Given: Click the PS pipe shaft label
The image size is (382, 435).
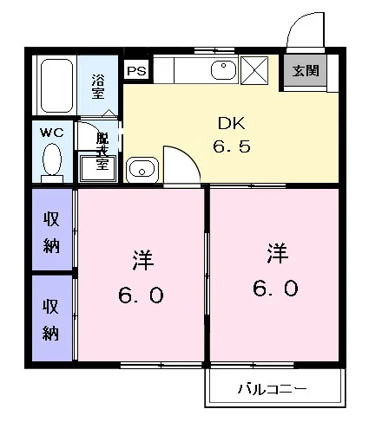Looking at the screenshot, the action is tap(136, 71).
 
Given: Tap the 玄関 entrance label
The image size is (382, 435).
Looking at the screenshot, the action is tap(306, 71).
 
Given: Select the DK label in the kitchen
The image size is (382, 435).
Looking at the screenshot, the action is tap(231, 123).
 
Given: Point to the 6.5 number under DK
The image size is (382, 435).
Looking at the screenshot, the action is tap(232, 146).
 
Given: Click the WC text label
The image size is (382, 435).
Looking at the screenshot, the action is tap(52, 133).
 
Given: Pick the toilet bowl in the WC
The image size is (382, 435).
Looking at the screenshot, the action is tap(52, 159).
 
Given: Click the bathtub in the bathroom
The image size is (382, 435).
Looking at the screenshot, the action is tap(56, 86).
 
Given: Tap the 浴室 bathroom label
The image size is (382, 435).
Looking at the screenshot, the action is tap(98, 87).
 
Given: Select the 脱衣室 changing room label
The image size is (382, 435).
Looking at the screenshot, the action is tap(102, 151).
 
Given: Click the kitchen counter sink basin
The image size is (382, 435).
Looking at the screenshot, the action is tap(223, 70).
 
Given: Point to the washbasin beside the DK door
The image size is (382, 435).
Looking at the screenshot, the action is tap(142, 170).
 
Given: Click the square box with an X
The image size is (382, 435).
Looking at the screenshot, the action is tap(254, 70).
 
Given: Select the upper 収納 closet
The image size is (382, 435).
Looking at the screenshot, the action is tap(51, 230).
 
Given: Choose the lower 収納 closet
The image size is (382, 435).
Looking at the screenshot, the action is tap(51, 318).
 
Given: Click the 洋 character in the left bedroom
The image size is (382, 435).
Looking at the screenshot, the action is tap(143, 260).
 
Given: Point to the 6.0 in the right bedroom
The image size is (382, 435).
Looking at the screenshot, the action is tap(275, 288).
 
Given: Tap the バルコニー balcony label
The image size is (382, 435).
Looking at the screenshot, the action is tap(272, 389).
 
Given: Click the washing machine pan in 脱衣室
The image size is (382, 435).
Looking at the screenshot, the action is tap(98, 168).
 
